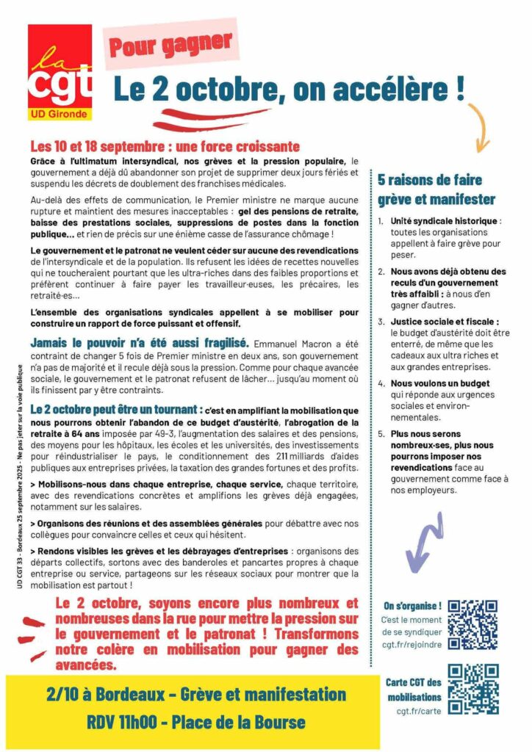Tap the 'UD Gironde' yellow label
[x=60, y=114]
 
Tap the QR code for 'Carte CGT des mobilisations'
[x=473, y=690]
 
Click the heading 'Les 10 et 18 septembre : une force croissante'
[x=154, y=146]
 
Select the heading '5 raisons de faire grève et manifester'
[x=436, y=189]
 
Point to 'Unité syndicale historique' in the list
[x=438, y=220]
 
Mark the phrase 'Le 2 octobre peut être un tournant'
[x=116, y=408]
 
